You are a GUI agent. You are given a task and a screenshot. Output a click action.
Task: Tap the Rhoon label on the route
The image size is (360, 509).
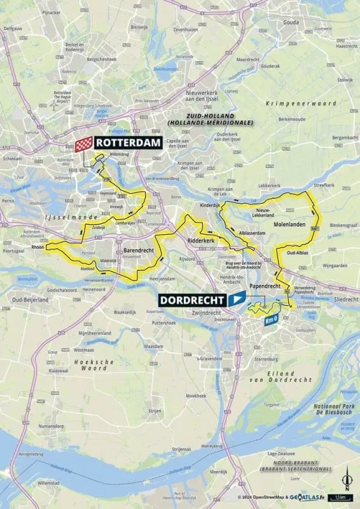pos(37,248)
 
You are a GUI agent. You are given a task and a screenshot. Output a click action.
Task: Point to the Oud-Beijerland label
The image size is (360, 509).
pos(25,298)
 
